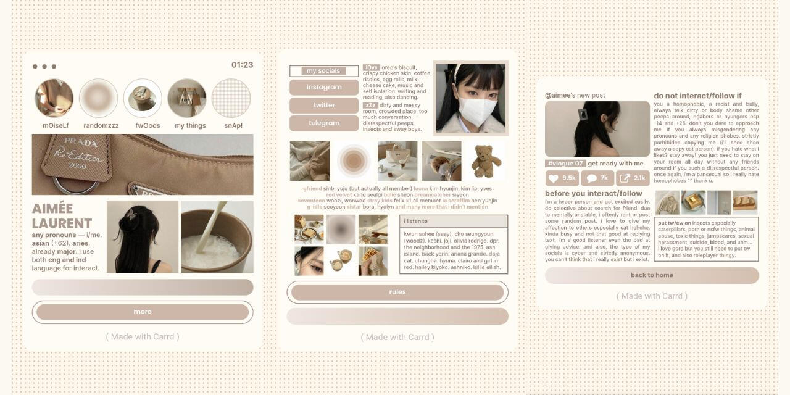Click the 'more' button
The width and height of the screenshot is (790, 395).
pyautogui.click(x=143, y=312)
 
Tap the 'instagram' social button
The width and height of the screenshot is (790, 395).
pyautogui.click(x=324, y=87)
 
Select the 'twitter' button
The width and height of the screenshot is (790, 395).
pyautogui.click(x=324, y=105)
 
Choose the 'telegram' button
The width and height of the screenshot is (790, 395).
pyautogui.click(x=324, y=123)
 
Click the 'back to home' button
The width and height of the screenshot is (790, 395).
pyautogui.click(x=652, y=275)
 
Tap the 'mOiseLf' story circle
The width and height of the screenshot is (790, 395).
pyautogui.click(x=54, y=98)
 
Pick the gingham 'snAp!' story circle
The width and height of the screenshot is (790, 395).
pyautogui.click(x=231, y=98)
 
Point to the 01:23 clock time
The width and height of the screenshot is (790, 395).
pyautogui.click(x=242, y=65)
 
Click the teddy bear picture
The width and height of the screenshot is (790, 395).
pyautogui.click(x=486, y=160)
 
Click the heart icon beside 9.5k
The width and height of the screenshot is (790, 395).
pyautogui.click(x=554, y=178)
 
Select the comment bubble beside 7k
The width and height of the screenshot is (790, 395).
pyautogui.click(x=591, y=178)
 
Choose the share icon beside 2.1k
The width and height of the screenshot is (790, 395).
pyautogui.click(x=625, y=178)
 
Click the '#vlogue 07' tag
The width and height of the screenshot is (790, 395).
pyautogui.click(x=565, y=164)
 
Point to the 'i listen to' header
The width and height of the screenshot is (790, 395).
pyautogui.click(x=415, y=221)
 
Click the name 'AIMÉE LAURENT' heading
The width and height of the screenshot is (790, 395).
pyautogui.click(x=62, y=216)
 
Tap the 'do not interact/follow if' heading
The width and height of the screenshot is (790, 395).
pyautogui.click(x=697, y=96)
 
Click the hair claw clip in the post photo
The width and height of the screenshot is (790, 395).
pyautogui.click(x=583, y=114)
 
